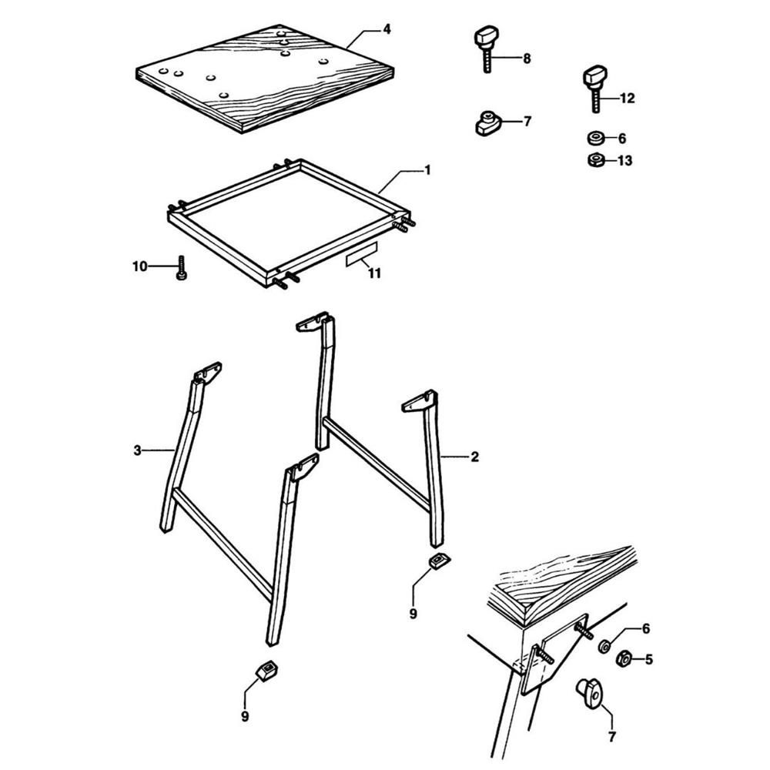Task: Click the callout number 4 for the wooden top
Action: tap(387, 29)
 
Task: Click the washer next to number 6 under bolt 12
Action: tap(594, 139)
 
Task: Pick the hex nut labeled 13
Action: tap(594, 160)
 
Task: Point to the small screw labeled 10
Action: tap(182, 269)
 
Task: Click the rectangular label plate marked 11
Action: tap(362, 256)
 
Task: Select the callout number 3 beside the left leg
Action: tap(137, 450)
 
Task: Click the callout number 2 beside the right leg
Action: tap(474, 457)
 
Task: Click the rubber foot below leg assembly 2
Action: tap(439, 561)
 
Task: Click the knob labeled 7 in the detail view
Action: tap(590, 691)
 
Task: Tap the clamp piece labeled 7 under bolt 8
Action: tap(487, 122)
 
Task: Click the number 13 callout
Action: tap(624, 160)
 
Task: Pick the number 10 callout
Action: tap(139, 266)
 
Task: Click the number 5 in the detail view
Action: tap(648, 659)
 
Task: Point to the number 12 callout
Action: tap(627, 98)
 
